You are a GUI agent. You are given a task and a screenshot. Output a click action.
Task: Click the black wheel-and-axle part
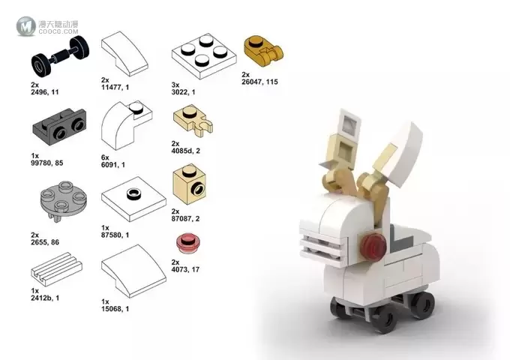click(60, 54)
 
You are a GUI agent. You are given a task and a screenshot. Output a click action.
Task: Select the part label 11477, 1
click(115, 87)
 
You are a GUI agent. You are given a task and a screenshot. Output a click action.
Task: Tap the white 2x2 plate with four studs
click(204, 56)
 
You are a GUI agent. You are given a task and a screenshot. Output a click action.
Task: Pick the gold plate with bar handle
click(262, 51)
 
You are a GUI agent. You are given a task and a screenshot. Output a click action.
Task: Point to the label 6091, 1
click(113, 165)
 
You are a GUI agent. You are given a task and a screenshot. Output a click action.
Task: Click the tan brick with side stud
click(189, 184)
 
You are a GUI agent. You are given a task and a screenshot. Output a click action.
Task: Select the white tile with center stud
click(133, 199)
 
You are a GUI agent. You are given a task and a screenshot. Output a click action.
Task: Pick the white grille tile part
click(56, 268)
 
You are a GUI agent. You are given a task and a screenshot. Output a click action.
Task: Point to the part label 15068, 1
click(115, 308)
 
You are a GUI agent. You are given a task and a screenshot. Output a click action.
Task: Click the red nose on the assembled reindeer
click(374, 247)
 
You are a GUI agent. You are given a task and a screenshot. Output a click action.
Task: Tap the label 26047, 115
click(260, 82)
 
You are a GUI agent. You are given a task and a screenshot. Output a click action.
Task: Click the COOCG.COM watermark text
click(58, 31)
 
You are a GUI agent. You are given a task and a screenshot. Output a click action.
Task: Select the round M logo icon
click(26, 26)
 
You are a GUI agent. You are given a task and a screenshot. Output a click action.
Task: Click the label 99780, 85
click(47, 163)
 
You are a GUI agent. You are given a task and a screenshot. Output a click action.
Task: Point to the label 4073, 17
click(185, 269)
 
